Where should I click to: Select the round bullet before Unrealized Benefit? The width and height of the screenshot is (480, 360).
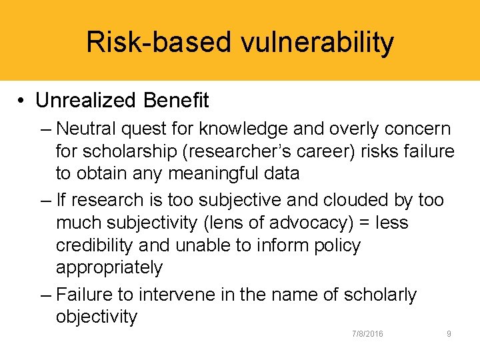click(22, 101)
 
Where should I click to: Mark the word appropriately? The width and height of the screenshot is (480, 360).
click(109, 267)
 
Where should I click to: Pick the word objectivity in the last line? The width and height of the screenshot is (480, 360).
click(97, 317)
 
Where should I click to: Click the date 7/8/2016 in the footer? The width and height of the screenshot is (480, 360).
click(367, 333)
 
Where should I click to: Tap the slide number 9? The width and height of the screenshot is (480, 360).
click(449, 333)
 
